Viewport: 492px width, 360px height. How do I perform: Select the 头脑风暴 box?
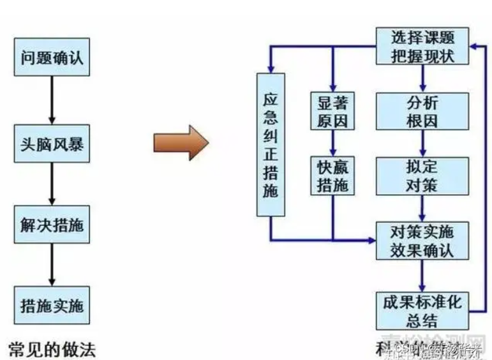[x=52, y=146]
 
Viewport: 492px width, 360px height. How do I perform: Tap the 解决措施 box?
[x=52, y=225]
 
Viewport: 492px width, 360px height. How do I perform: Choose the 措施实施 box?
[x=52, y=305]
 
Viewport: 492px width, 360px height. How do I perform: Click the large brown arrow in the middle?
[x=181, y=142]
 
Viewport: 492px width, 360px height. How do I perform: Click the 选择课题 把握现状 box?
[x=422, y=46]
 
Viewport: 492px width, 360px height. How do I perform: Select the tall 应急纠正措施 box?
[x=271, y=145]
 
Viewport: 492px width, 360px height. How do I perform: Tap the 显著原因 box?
[x=332, y=111]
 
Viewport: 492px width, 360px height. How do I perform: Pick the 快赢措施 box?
[x=332, y=176]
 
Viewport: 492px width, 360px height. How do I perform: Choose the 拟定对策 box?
[x=422, y=176]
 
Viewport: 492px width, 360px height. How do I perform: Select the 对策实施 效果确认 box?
[x=422, y=240]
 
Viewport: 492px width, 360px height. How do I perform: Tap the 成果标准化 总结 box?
[x=422, y=309]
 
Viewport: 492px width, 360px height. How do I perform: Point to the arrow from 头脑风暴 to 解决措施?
[x=52, y=185]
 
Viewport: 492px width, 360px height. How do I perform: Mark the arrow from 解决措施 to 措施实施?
[x=52, y=266]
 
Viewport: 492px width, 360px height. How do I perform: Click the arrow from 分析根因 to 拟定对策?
[x=422, y=143]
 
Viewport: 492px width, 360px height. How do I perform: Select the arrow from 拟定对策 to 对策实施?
[x=422, y=207]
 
